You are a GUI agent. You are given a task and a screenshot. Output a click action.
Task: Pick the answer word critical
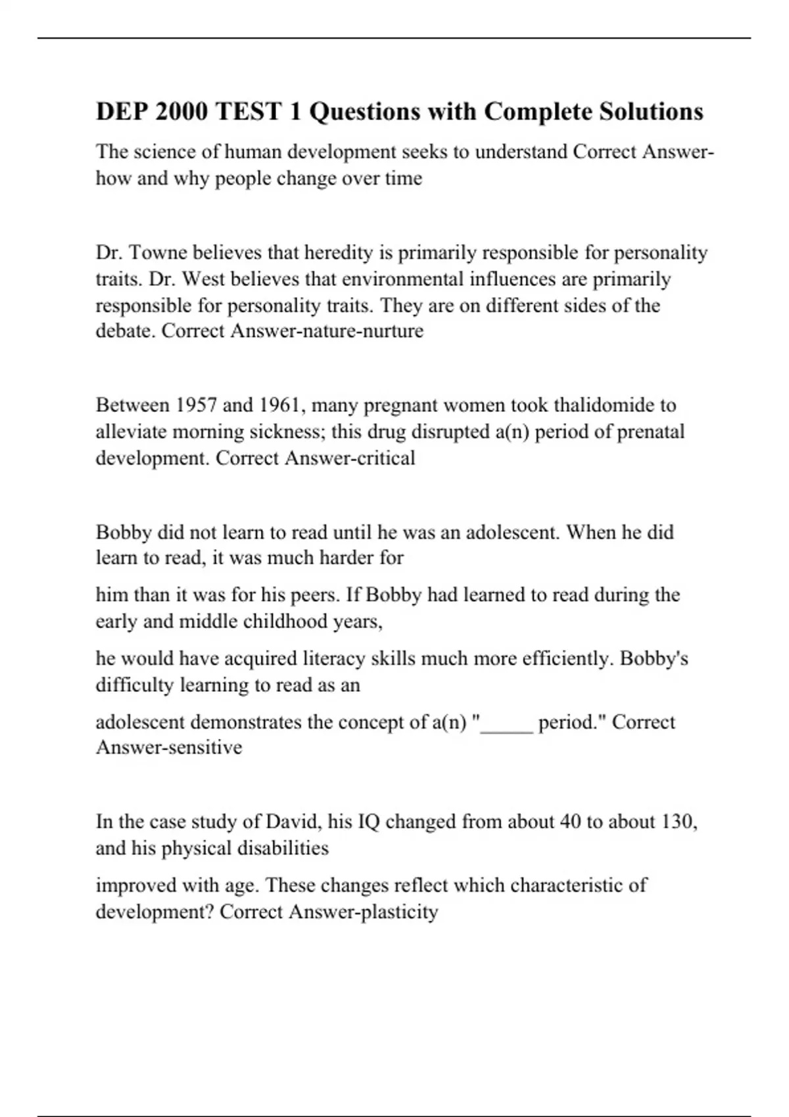click(385, 458)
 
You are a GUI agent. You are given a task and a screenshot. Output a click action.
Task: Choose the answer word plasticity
click(399, 912)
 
